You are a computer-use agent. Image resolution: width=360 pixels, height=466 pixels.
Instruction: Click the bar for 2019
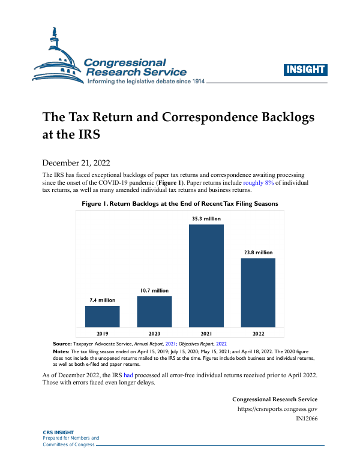click(x=103, y=316)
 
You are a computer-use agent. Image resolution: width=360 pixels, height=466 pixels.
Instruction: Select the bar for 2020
click(x=154, y=311)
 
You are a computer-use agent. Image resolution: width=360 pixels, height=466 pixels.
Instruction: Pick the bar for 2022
click(x=258, y=292)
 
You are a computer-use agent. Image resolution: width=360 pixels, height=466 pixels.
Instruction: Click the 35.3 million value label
click(x=206, y=219)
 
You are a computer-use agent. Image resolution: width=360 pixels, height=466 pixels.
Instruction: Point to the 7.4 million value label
click(x=102, y=300)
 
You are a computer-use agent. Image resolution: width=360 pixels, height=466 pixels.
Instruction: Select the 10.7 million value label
click(x=154, y=290)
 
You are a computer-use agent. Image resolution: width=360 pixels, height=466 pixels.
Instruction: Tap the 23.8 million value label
click(x=258, y=252)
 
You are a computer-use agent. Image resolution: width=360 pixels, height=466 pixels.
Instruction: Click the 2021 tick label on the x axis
click(x=206, y=332)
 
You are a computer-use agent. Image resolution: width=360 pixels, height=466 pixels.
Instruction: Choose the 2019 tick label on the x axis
click(x=103, y=332)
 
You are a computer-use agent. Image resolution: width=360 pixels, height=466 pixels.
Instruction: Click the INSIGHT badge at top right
click(x=306, y=70)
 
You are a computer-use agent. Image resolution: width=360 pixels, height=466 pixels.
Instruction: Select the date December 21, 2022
click(x=76, y=163)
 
